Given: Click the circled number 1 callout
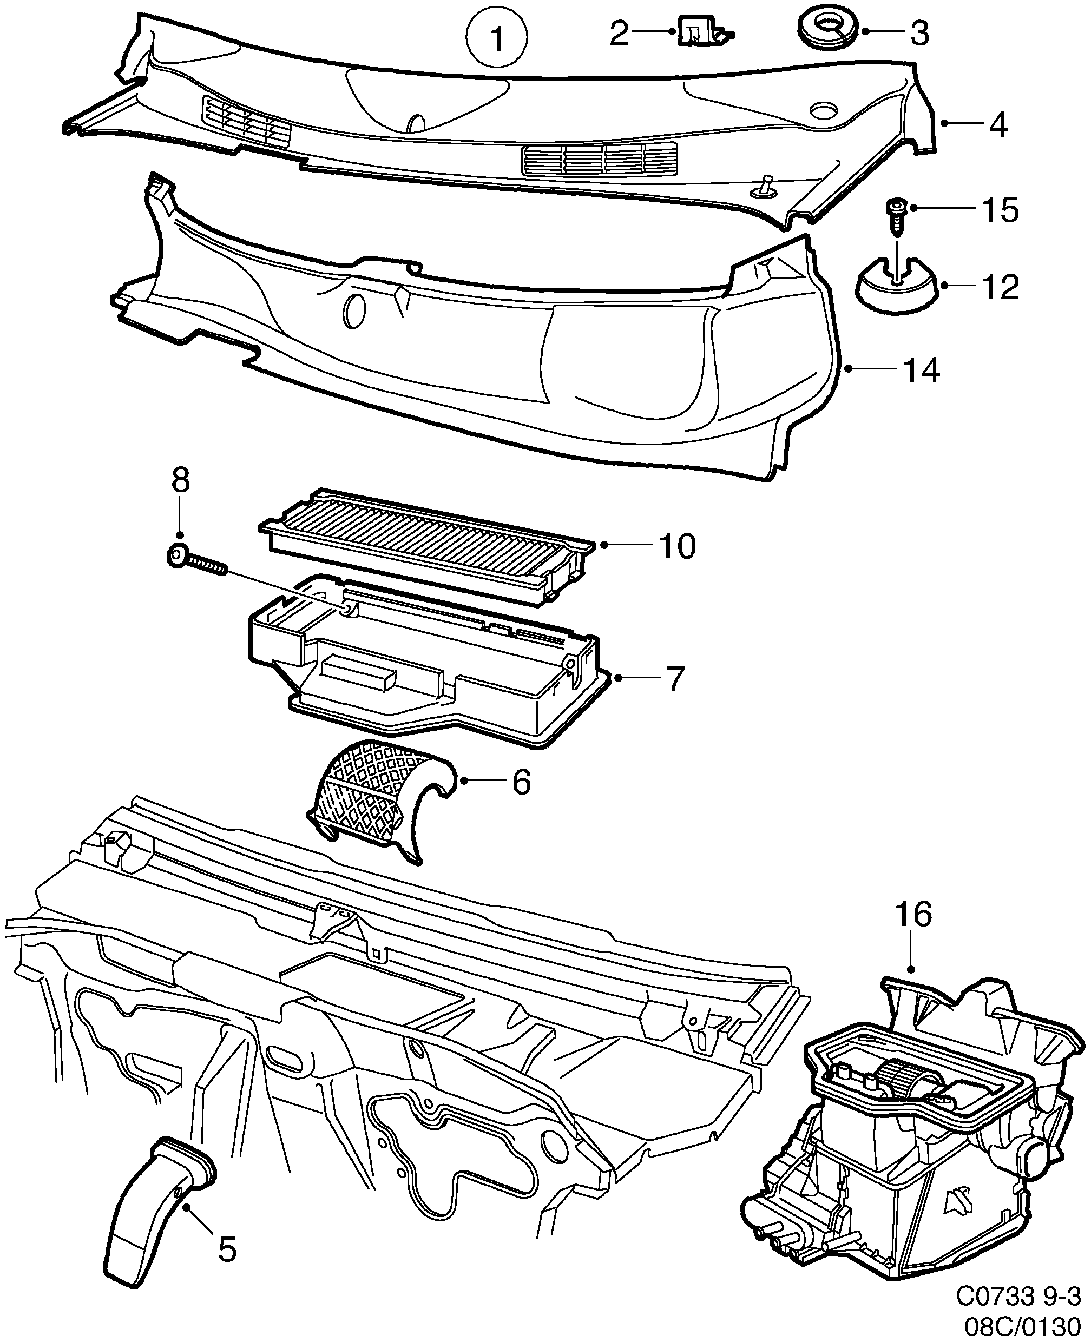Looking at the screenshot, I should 496,39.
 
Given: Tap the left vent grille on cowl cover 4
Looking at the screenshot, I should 246,122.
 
